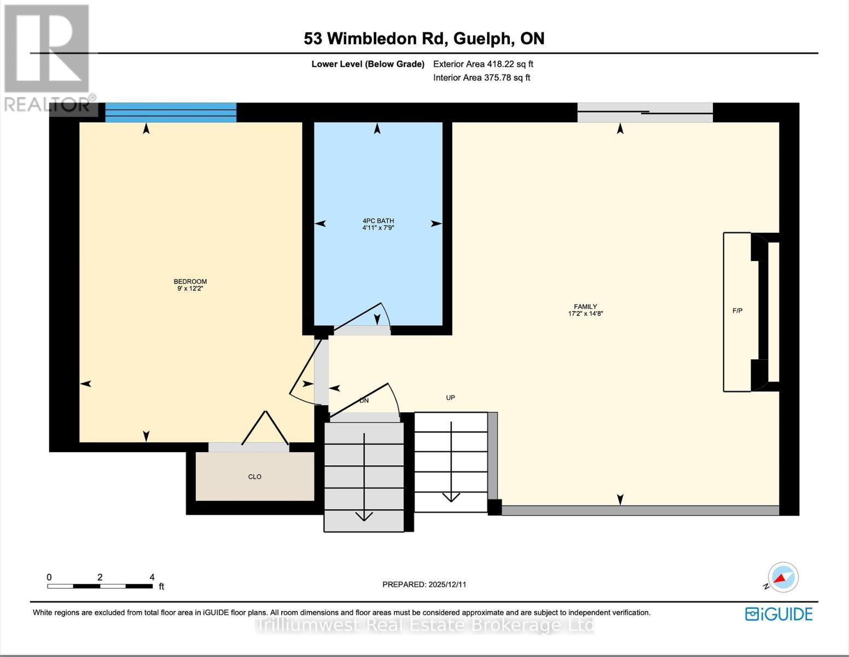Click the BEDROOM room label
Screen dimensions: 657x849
pyautogui.click(x=190, y=285)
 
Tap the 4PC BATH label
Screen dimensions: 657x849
pyautogui.click(x=378, y=224)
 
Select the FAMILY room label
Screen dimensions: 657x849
pyautogui.click(x=585, y=310)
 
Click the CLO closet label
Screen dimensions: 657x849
pyautogui.click(x=255, y=477)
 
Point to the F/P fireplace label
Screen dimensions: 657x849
pyautogui.click(x=737, y=311)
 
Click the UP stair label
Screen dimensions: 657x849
pyautogui.click(x=450, y=397)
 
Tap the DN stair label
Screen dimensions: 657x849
pyautogui.click(x=364, y=401)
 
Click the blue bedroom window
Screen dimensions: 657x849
pyautogui.click(x=171, y=112)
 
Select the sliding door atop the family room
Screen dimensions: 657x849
pyautogui.click(x=645, y=113)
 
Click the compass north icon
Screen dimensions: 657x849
pyautogui.click(x=783, y=578)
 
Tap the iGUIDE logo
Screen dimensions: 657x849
pyautogui.click(x=779, y=614)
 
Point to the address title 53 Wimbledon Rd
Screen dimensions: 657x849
pyautogui.click(x=424, y=38)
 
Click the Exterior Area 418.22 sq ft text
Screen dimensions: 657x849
pyautogui.click(x=483, y=64)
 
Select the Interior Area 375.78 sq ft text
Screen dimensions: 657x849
pyautogui.click(x=481, y=78)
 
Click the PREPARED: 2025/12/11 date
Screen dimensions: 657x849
pyautogui.click(x=424, y=584)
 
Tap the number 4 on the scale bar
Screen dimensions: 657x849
pyautogui.click(x=152, y=577)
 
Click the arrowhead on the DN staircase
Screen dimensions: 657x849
pyautogui.click(x=364, y=515)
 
